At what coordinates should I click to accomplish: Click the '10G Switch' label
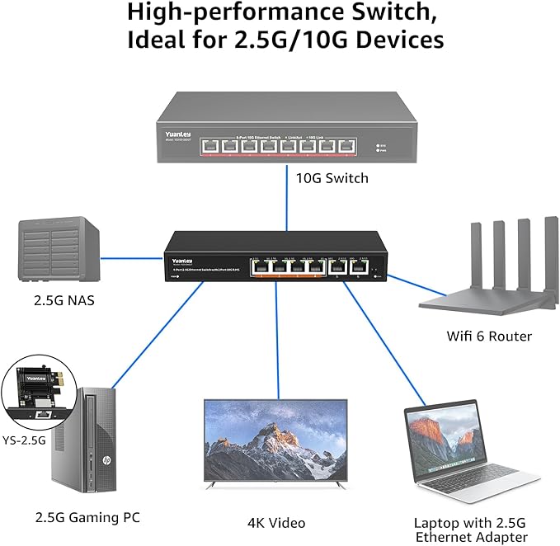tap(333, 178)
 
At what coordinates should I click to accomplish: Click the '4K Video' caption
tap(276, 523)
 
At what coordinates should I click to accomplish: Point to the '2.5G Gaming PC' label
tap(87, 518)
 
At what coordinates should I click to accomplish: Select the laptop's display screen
tap(440, 445)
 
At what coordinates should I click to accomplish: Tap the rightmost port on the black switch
tap(359, 266)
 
